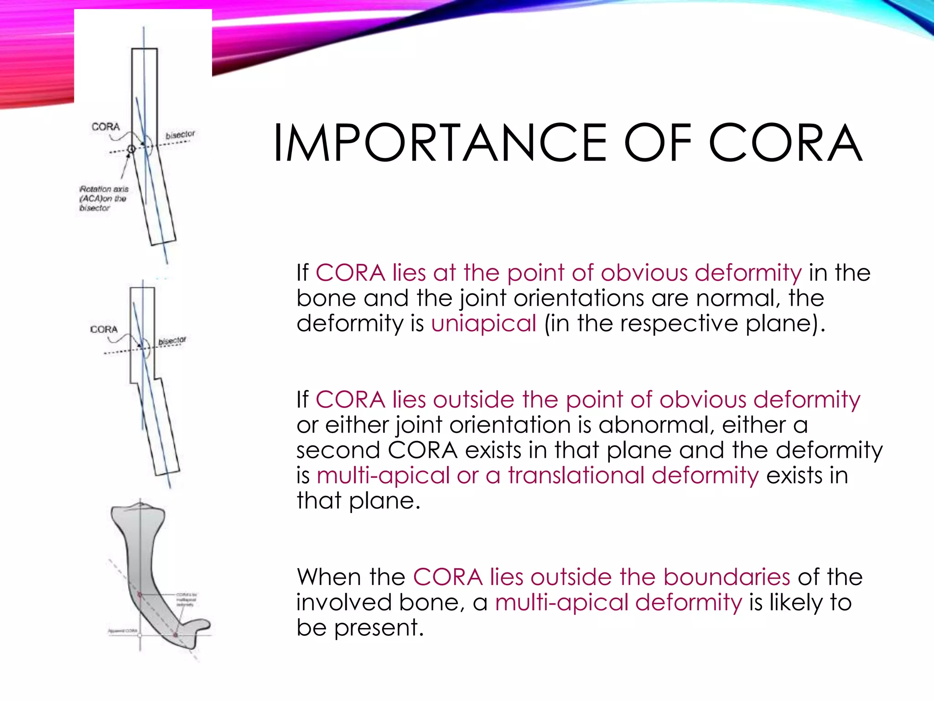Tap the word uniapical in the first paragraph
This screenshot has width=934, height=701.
(483, 323)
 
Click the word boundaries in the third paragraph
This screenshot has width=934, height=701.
(726, 577)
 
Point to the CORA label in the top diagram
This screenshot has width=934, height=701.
(105, 127)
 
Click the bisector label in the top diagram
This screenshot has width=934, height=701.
(180, 135)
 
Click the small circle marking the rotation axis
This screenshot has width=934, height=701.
(131, 149)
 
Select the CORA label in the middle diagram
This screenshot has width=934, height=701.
(104, 330)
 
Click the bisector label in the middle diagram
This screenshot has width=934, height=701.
(172, 341)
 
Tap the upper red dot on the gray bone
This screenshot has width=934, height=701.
(140, 594)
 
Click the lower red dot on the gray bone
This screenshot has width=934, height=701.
(176, 634)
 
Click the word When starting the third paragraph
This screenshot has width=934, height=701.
(327, 577)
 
